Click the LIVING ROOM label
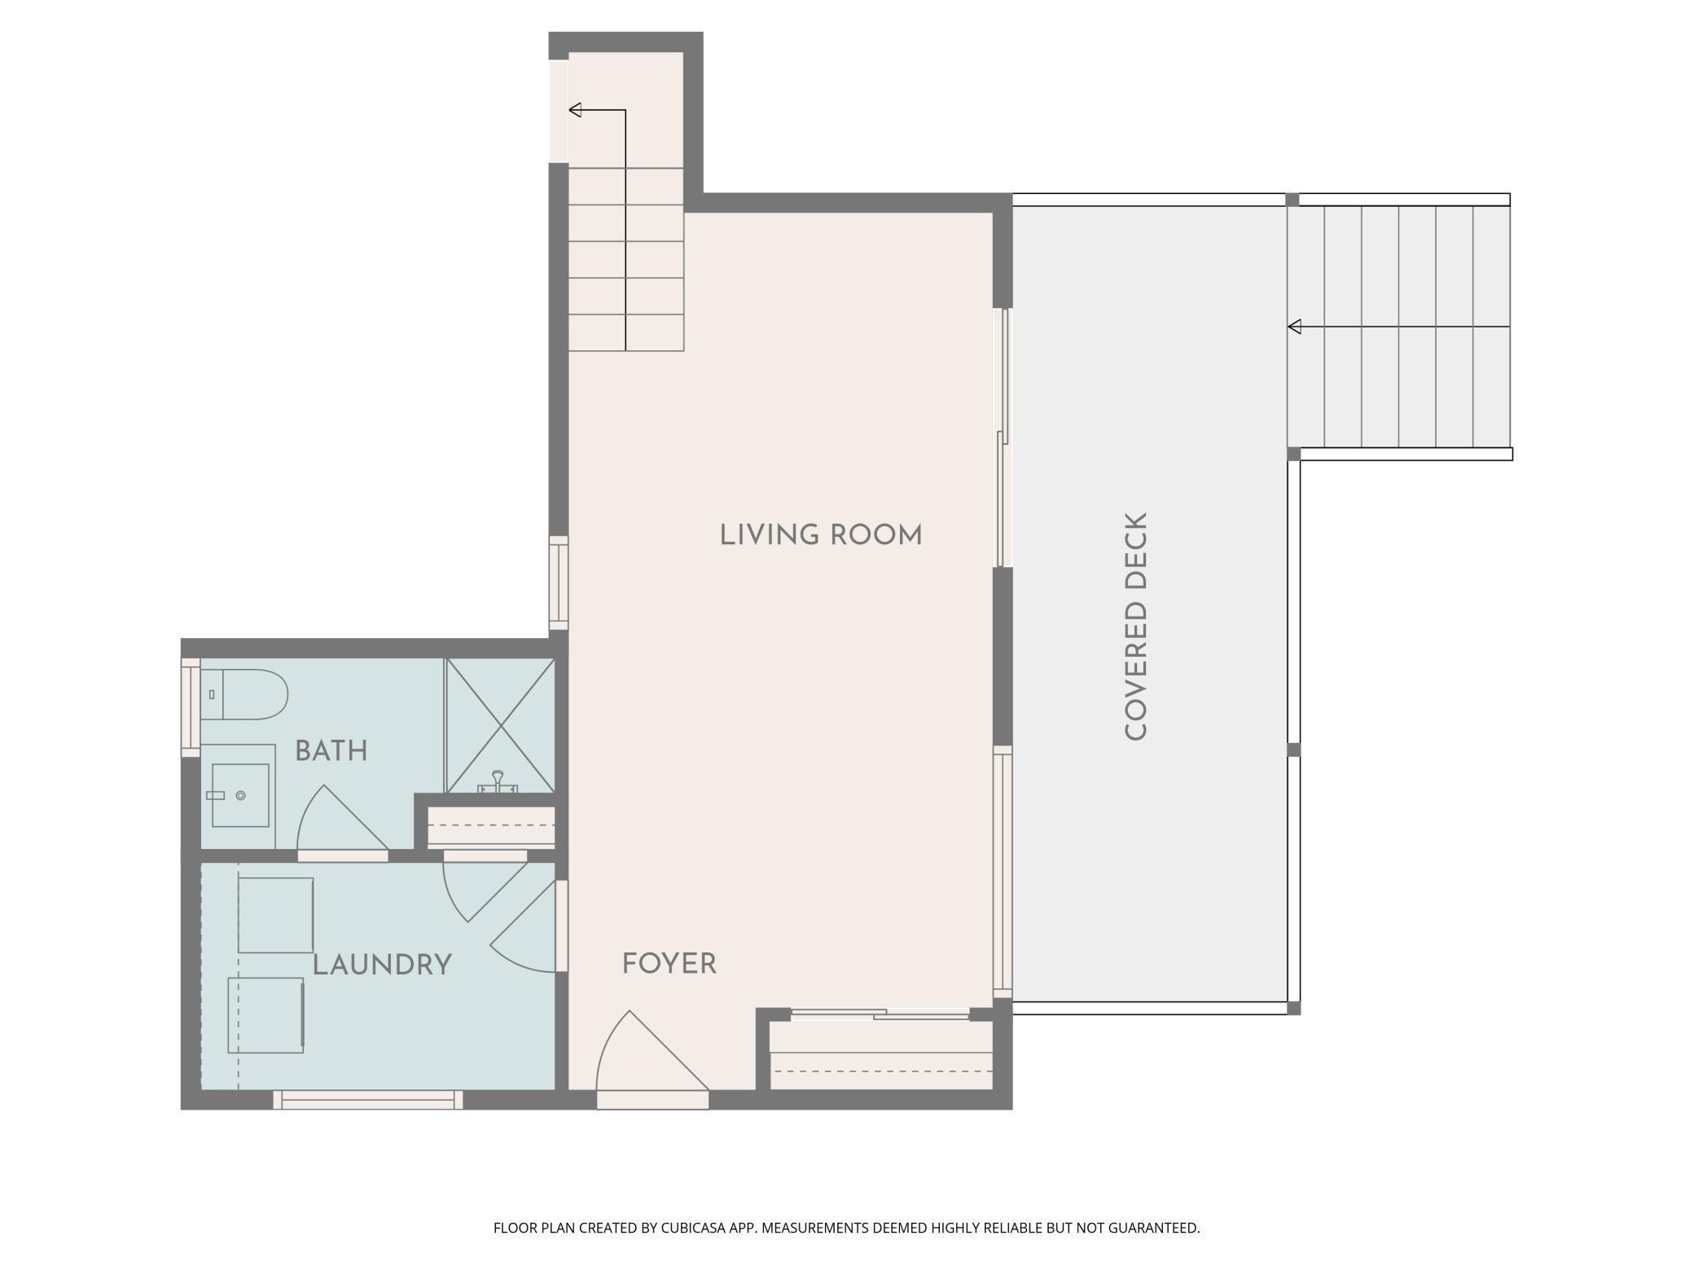click(821, 535)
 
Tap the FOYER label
click(669, 964)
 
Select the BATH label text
click(331, 750)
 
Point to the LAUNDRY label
click(382, 965)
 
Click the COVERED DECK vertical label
click(1136, 627)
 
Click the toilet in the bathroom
click(244, 694)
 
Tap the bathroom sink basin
click(240, 795)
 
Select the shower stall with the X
click(500, 725)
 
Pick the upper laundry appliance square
click(275, 915)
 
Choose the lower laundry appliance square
click(266, 1015)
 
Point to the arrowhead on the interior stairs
click(575, 110)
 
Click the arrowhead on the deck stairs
click(1294, 327)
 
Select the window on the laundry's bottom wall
click(368, 1100)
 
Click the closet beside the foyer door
click(881, 1055)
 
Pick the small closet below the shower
click(491, 827)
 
